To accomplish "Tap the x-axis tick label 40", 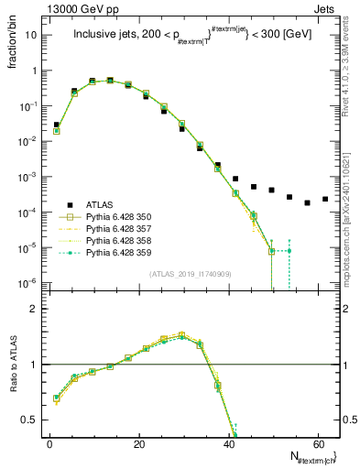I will (228, 442).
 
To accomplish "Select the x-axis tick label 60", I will (317, 442).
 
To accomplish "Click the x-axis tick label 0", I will (49, 442).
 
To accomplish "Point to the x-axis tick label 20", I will (138, 442).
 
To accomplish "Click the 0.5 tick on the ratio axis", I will (30, 420).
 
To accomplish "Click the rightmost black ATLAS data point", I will (324, 199).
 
